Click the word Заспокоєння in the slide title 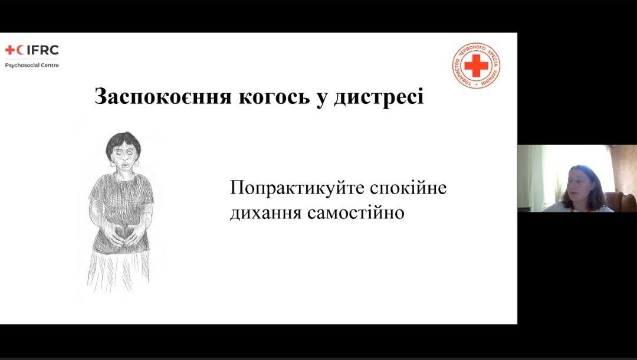(163, 97)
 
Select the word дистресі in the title (379, 97)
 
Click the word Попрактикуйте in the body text (298, 188)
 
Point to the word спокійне (408, 188)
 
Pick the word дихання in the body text (265, 213)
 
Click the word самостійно (356, 212)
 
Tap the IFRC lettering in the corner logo (42, 50)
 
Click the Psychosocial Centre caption (32, 65)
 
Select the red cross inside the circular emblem (476, 66)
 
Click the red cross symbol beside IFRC (10, 50)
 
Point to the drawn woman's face (123, 157)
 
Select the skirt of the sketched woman (118, 271)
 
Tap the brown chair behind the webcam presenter (621, 202)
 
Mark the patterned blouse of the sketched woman (121, 211)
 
